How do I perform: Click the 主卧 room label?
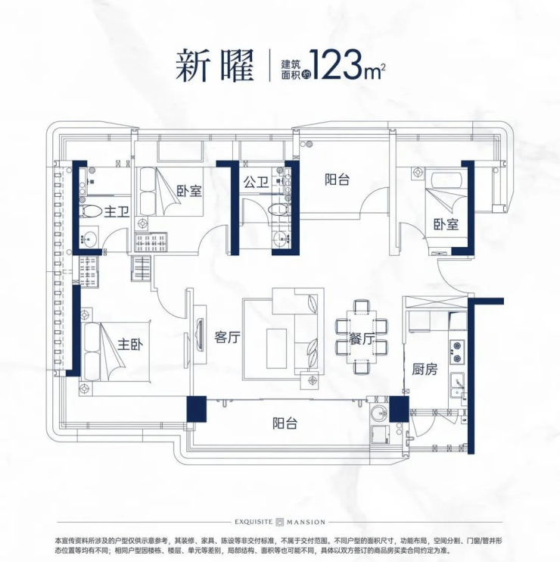(x=130, y=345)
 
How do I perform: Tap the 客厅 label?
(x=227, y=337)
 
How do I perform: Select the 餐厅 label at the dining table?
(x=362, y=339)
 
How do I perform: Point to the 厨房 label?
(x=425, y=369)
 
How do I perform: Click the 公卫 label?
(x=256, y=183)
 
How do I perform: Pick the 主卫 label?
(x=117, y=212)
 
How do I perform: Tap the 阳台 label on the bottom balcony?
(x=285, y=423)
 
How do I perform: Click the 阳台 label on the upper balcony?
(x=337, y=180)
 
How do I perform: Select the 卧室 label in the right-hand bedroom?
(x=446, y=224)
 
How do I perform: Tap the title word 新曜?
(x=214, y=66)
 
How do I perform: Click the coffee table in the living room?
(x=276, y=348)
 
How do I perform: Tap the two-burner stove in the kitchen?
(x=457, y=352)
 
